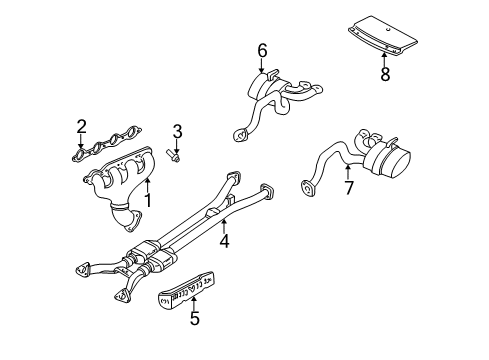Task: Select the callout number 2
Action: pos(82,127)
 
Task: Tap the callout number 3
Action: pos(177,131)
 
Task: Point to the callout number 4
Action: pos(225,240)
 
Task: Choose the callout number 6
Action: pos(262,50)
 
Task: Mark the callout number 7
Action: pos(348,187)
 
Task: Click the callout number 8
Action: pos(383,73)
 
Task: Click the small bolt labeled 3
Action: pos(177,155)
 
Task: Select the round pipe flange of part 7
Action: pos(306,185)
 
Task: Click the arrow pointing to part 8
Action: pos(383,56)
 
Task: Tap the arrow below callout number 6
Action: pos(262,67)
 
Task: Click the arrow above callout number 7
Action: pos(348,171)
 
